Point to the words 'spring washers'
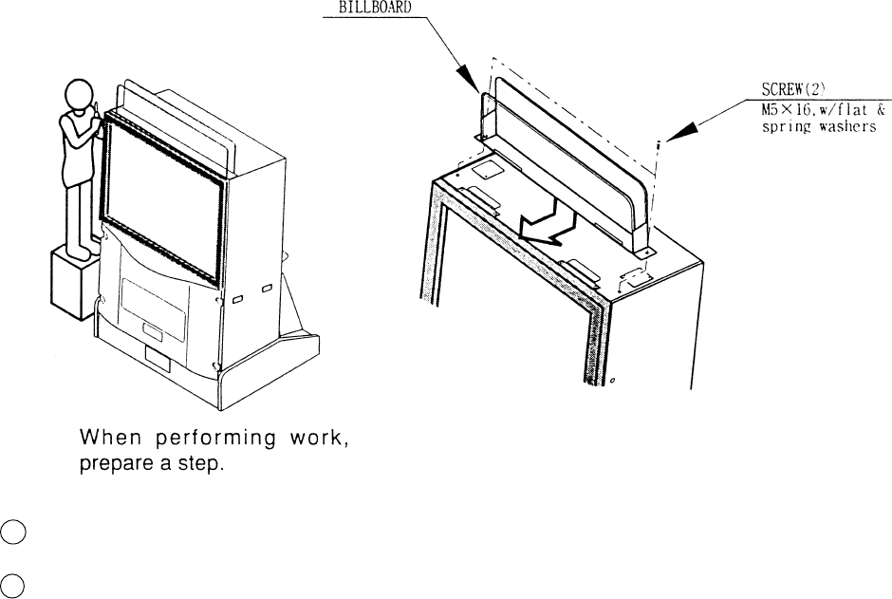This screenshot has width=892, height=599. tap(819, 128)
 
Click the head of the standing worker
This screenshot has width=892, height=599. tap(75, 96)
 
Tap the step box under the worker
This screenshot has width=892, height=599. tap(72, 285)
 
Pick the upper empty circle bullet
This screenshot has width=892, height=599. tap(11, 533)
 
